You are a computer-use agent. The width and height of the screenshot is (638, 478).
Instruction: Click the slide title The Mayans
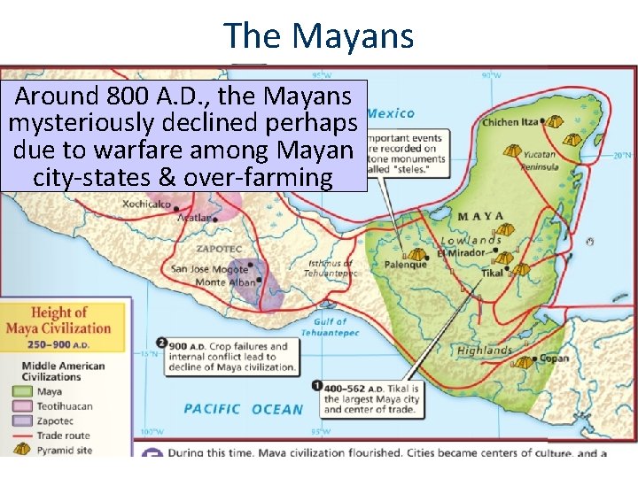pyautogui.click(x=319, y=35)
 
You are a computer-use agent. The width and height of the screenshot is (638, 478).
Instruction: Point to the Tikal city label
pyautogui.click(x=492, y=274)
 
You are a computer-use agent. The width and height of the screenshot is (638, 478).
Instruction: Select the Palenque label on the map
pyautogui.click(x=405, y=264)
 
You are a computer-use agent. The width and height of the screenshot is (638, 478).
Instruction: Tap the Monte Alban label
pyautogui.click(x=222, y=281)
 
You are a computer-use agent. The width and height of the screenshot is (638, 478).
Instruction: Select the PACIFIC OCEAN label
pyautogui.click(x=243, y=409)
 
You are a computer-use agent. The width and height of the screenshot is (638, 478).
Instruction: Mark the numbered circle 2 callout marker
pyautogui.click(x=161, y=343)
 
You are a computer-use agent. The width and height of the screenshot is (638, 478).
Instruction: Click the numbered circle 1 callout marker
pyautogui.click(x=317, y=386)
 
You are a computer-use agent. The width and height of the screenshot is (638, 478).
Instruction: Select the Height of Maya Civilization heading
pyautogui.click(x=71, y=320)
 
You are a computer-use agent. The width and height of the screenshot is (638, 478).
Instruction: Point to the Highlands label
pyautogui.click(x=485, y=351)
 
